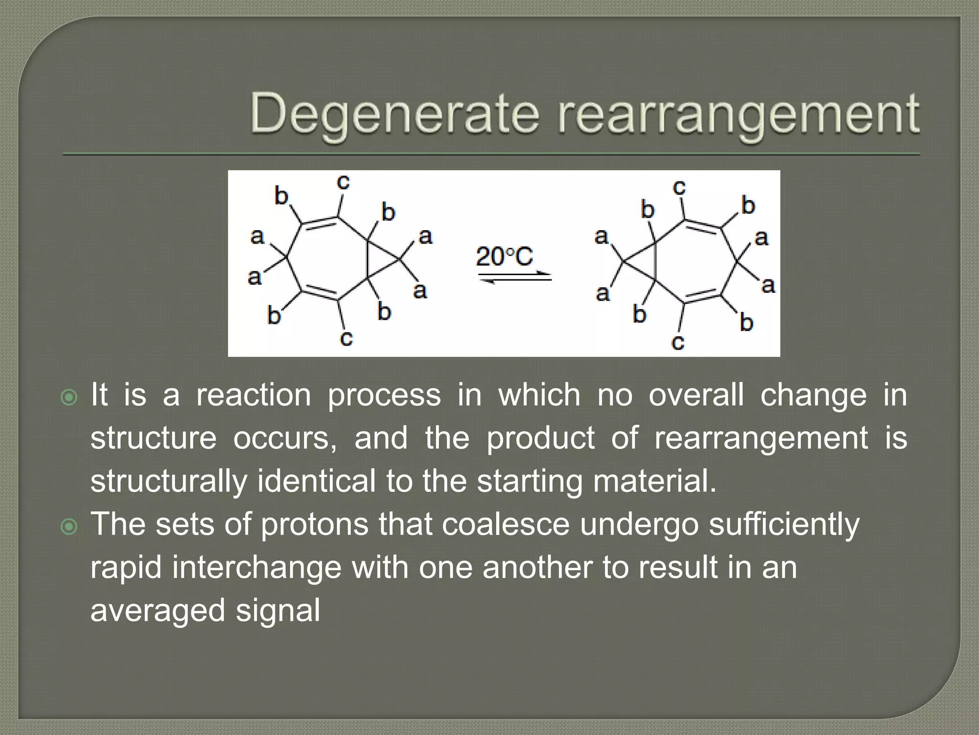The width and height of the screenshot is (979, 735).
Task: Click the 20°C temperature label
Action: tap(504, 257)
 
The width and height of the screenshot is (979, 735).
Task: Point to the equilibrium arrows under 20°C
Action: tap(515, 277)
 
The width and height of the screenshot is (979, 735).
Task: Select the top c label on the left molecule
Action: tap(343, 182)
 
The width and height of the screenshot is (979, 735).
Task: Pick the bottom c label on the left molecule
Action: tap(346, 338)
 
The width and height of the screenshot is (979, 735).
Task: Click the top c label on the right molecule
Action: tap(679, 187)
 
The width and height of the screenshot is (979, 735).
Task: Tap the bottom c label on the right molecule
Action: tap(678, 342)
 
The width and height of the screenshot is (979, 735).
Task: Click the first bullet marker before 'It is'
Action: tap(70, 397)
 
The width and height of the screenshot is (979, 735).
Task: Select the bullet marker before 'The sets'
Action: tap(70, 527)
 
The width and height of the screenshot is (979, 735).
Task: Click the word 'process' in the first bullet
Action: tap(384, 396)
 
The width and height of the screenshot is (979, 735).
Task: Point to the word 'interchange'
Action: tap(257, 568)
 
